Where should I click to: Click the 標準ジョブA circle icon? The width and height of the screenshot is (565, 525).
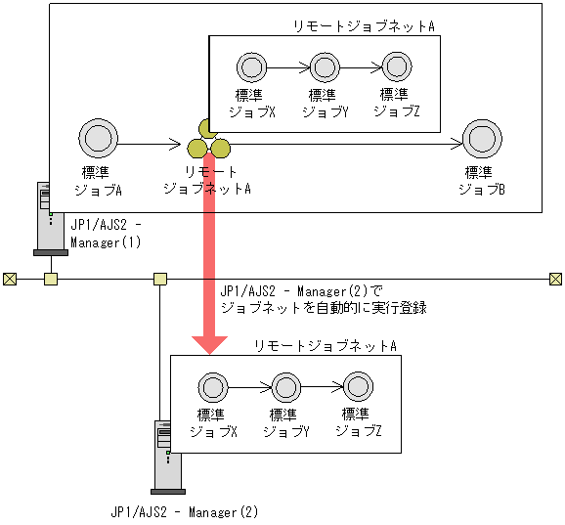pos(99,138)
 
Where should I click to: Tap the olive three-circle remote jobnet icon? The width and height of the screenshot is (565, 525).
pos(208,142)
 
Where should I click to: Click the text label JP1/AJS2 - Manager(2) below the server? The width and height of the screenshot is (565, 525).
pos(184,511)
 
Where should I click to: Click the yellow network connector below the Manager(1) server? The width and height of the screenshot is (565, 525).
pos(50,280)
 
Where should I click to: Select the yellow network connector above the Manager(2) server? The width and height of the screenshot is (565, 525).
pos(160,280)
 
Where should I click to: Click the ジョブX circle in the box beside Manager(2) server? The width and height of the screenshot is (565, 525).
pos(212,386)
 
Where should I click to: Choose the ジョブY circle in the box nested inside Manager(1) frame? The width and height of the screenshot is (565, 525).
pos(324,67)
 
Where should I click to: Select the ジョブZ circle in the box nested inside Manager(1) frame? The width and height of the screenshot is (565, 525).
pos(396,67)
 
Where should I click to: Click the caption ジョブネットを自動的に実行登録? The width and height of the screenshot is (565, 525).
pos(324,306)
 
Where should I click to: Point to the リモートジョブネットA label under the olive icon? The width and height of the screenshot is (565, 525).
pos(206,179)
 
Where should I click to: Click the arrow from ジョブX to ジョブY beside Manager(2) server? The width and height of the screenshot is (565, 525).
pos(249,386)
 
